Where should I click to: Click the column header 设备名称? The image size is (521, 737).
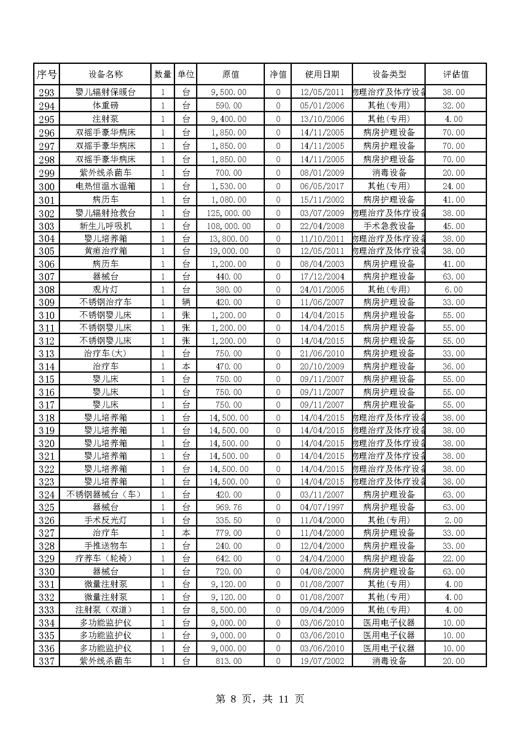coord(105,74)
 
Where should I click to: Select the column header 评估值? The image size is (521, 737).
coord(456,74)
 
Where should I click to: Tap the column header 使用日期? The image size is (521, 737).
coord(322,74)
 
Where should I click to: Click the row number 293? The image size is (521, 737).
coord(47,92)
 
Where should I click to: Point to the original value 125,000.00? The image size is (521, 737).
coord(229,213)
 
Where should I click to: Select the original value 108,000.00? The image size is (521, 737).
coord(229,226)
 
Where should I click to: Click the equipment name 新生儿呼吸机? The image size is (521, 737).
coord(105,226)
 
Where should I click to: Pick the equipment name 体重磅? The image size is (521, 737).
coord(105,105)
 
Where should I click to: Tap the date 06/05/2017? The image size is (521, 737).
coord(322,186)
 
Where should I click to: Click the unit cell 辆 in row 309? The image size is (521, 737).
coord(186,302)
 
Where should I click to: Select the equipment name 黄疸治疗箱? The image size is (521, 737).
coord(105,251)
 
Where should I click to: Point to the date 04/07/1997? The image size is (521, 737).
coord(322,507)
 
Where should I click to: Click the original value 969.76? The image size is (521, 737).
coord(229,507)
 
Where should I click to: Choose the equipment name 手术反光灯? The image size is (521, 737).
coord(105,520)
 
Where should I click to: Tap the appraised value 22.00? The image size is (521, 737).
coord(454,558)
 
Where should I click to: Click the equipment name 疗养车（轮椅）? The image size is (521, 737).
coord(105,558)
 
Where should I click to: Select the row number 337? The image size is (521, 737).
coord(47,661)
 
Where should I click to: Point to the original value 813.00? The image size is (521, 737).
coord(229,661)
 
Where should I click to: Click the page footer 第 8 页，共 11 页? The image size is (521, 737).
coord(260,699)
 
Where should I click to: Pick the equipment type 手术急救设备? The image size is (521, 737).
coord(389,226)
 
